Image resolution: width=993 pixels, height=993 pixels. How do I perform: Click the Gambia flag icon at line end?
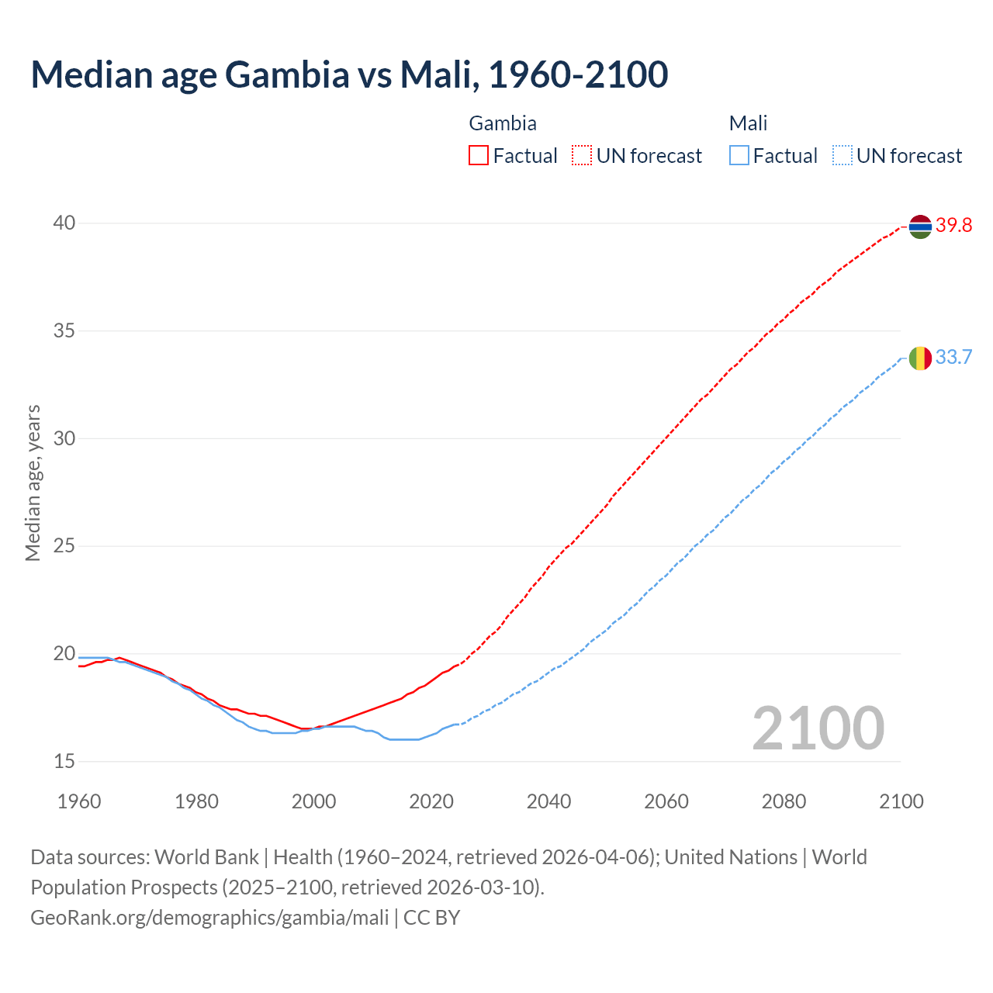point(920,226)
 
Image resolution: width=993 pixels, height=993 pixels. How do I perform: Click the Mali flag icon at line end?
point(920,358)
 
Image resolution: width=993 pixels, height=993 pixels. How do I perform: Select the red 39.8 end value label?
point(953,226)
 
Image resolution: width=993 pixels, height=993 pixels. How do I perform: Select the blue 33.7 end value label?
point(953,358)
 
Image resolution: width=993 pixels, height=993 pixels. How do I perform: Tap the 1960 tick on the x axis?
point(79,801)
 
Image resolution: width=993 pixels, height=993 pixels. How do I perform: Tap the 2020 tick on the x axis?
point(431,801)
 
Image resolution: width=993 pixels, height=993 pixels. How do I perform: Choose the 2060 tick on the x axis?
point(666,801)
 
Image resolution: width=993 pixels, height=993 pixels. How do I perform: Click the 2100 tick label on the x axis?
point(901,801)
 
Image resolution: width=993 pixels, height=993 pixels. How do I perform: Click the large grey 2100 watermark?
point(818,728)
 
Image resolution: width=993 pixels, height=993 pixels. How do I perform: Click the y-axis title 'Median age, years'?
point(33,483)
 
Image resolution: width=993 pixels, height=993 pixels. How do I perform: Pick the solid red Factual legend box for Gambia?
point(479,156)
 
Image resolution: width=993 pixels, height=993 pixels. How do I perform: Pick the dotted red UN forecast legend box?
point(582,156)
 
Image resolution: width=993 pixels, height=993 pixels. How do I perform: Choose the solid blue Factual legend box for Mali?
point(739,156)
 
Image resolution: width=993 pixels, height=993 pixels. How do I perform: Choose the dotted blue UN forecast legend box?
point(842,156)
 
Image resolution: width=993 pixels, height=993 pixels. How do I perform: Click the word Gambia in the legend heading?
point(503,123)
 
